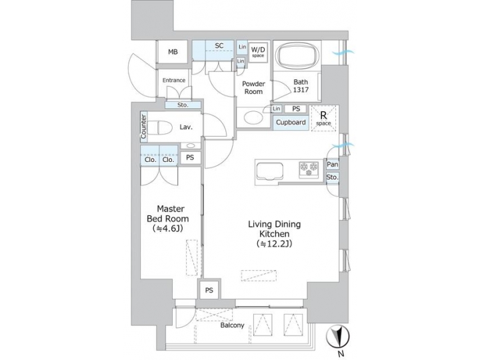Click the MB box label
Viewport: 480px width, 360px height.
pos(173,52)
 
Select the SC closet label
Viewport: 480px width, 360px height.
pos(218,46)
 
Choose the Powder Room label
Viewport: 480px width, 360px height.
pos(253,88)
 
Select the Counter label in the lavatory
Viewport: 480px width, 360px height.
pos(143,127)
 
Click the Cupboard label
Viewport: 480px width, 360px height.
pos(291,123)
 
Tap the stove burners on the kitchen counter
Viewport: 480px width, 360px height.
pos(309,169)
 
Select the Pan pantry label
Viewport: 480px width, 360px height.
pos(332,164)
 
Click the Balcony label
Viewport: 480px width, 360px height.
pos(232,326)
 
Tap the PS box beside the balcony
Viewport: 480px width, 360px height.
pos(209,290)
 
